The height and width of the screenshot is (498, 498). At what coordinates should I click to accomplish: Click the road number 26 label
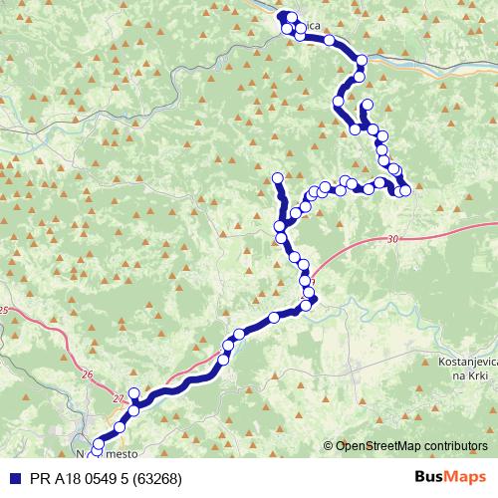(87, 374)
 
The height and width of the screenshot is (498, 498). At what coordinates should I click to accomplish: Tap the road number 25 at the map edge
(4, 311)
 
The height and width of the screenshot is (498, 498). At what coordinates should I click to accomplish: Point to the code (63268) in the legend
(154, 478)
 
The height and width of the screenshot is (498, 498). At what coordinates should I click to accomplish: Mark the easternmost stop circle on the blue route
(405, 190)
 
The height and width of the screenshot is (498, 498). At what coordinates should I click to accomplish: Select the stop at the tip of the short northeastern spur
(369, 106)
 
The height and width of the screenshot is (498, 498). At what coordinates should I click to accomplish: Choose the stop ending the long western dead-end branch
(278, 178)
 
